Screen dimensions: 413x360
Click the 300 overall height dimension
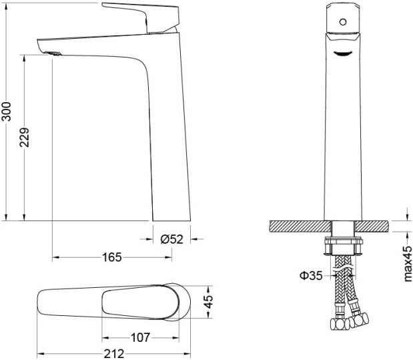(x=7, y=112)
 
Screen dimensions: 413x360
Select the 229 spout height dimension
(x=25, y=138)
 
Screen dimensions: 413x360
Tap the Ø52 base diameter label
(x=171, y=239)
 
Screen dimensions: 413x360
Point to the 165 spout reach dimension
(x=112, y=257)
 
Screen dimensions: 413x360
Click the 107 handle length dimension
(x=140, y=337)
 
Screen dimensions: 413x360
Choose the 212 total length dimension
(x=114, y=354)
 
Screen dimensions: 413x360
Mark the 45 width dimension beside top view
(x=208, y=302)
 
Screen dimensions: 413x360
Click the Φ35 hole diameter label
(x=311, y=276)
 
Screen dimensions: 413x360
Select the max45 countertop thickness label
(x=407, y=264)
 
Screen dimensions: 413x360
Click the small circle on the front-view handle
(x=343, y=22)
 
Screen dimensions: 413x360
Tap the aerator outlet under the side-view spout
(x=53, y=53)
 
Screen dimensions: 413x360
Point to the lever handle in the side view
(x=141, y=17)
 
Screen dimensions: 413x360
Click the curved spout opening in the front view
(x=343, y=53)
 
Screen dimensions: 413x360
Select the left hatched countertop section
(x=300, y=226)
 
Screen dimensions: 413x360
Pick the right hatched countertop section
(x=372, y=226)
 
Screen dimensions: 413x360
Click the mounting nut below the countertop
(x=343, y=246)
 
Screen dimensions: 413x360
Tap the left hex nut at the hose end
(x=339, y=324)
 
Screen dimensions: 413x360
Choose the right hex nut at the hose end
(x=359, y=320)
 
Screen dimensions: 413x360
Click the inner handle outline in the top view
(x=141, y=303)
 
